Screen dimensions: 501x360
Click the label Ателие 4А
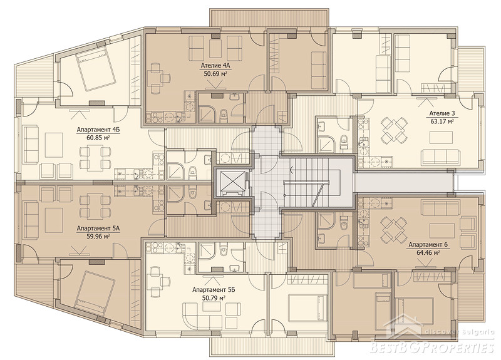coord(215,66)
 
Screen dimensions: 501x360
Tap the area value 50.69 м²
coord(215,73)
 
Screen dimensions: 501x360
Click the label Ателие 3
coord(442,113)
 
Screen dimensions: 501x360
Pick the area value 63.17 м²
coord(442,121)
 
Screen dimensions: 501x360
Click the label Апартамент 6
coord(428,245)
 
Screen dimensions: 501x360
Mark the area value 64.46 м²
coord(428,252)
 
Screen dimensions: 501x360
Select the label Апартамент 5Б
coord(214,290)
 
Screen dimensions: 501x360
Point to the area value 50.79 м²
coord(214,298)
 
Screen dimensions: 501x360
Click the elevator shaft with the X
coord(230,183)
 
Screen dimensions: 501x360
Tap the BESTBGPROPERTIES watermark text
coord(432,347)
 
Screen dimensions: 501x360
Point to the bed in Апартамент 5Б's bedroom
coord(307,309)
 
